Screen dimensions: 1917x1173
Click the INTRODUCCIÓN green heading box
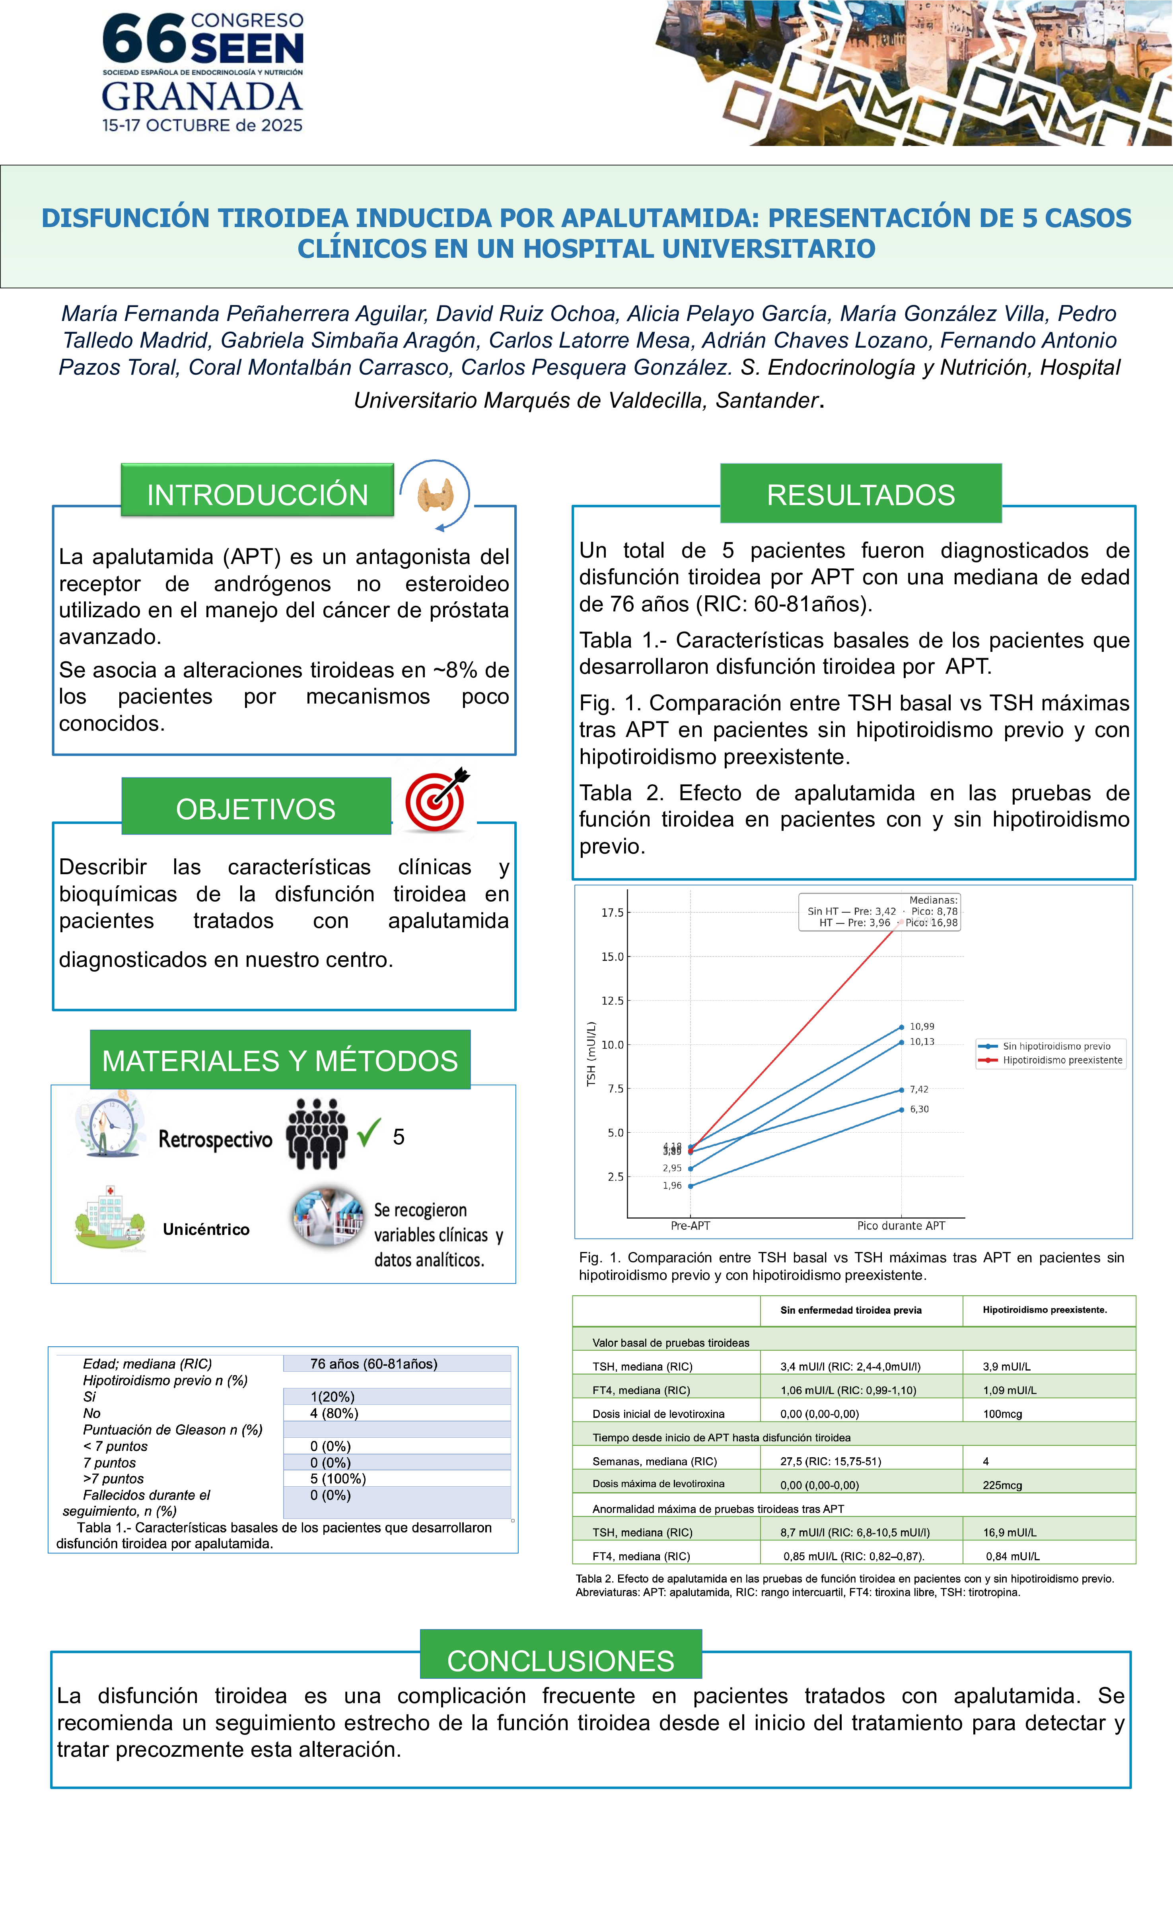(257, 495)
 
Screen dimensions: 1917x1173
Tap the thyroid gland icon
(435, 495)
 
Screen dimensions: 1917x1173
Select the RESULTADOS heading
(860, 495)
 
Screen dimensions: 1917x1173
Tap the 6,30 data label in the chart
(919, 1109)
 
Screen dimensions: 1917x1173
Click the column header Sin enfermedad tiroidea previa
(851, 1310)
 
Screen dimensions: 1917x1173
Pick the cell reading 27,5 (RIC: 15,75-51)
(831, 1461)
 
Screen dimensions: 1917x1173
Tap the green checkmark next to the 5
(369, 1133)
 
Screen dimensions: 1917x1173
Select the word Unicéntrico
(206, 1229)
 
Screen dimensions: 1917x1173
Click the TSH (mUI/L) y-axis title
(591, 1054)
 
